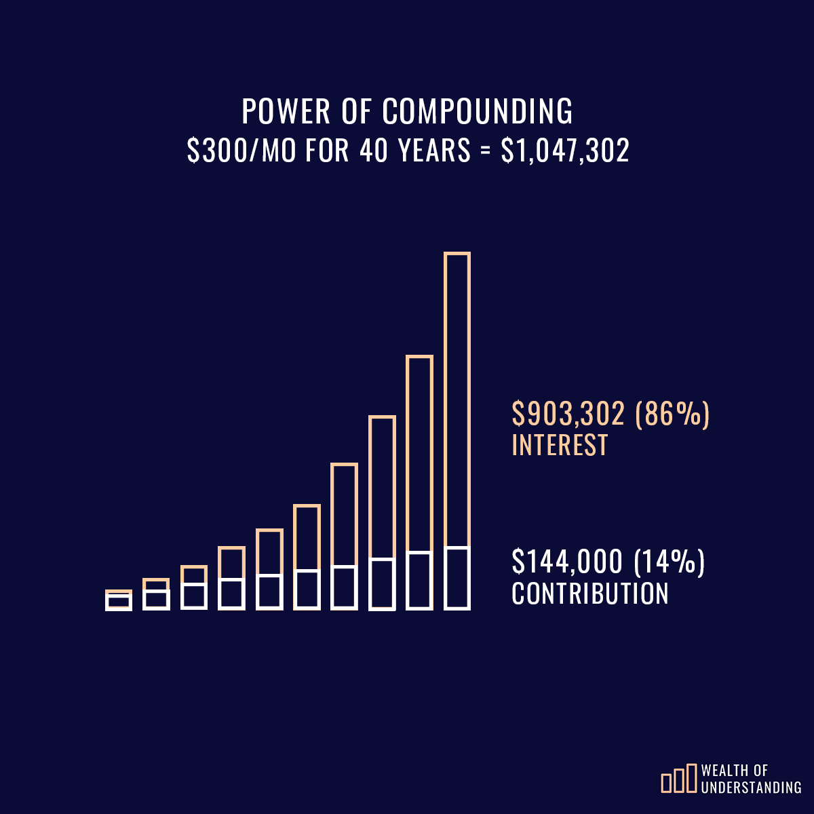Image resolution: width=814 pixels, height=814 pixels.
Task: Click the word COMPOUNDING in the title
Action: tap(478, 112)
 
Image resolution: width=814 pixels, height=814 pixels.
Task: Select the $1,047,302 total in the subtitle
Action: tap(565, 151)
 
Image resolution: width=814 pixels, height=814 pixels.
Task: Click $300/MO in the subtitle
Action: tap(241, 151)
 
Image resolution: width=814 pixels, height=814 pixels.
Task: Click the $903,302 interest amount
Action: tap(568, 414)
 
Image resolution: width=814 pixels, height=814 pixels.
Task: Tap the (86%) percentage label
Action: tap(672, 414)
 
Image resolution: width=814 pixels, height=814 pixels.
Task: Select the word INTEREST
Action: tap(560, 446)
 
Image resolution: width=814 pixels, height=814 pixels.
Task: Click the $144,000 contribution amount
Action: tap(567, 562)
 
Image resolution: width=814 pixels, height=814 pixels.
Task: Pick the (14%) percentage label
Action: tap(670, 562)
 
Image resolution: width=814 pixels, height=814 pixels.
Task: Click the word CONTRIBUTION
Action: tap(590, 594)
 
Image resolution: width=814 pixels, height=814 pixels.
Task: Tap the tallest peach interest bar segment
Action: tap(457, 400)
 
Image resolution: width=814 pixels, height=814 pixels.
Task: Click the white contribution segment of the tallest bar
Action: tap(457, 578)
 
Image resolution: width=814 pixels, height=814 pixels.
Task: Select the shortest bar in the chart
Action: tap(119, 601)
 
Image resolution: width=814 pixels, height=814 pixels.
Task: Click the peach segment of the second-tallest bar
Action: tap(420, 453)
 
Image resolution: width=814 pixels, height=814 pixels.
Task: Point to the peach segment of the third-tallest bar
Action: tap(382, 487)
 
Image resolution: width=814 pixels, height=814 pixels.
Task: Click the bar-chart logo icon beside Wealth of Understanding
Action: tap(679, 779)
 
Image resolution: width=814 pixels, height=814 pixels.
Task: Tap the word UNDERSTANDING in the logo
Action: tap(752, 788)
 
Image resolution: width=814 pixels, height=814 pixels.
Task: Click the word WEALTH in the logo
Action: tap(725, 771)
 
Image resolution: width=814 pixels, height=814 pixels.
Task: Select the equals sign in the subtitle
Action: tap(485, 151)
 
